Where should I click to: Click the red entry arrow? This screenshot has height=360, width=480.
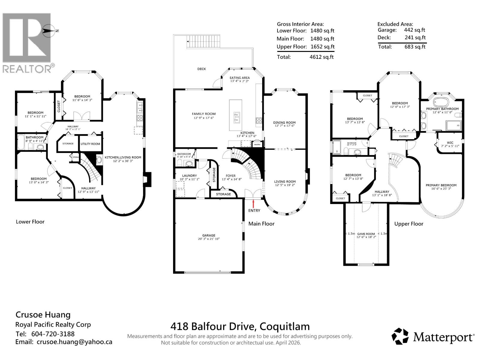(x=254, y=204)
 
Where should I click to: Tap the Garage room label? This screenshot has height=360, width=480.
(x=208, y=235)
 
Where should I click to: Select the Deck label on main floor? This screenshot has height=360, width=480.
(x=202, y=69)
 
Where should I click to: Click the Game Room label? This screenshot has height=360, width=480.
(x=366, y=234)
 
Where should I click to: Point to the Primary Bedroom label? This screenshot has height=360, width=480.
(x=441, y=185)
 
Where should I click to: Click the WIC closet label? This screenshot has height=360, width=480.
(x=450, y=143)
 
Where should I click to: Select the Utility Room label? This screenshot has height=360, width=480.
(x=90, y=144)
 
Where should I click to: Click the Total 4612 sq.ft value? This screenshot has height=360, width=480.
(x=321, y=57)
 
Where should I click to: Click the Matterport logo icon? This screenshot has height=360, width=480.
(x=400, y=336)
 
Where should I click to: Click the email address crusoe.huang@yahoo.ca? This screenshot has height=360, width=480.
(x=74, y=342)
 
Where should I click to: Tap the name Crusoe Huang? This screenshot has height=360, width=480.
(x=43, y=315)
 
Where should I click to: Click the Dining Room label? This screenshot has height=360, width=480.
(x=284, y=123)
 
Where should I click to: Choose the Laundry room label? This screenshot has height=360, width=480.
(x=189, y=176)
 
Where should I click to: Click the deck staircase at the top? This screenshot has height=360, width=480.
(x=204, y=42)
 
